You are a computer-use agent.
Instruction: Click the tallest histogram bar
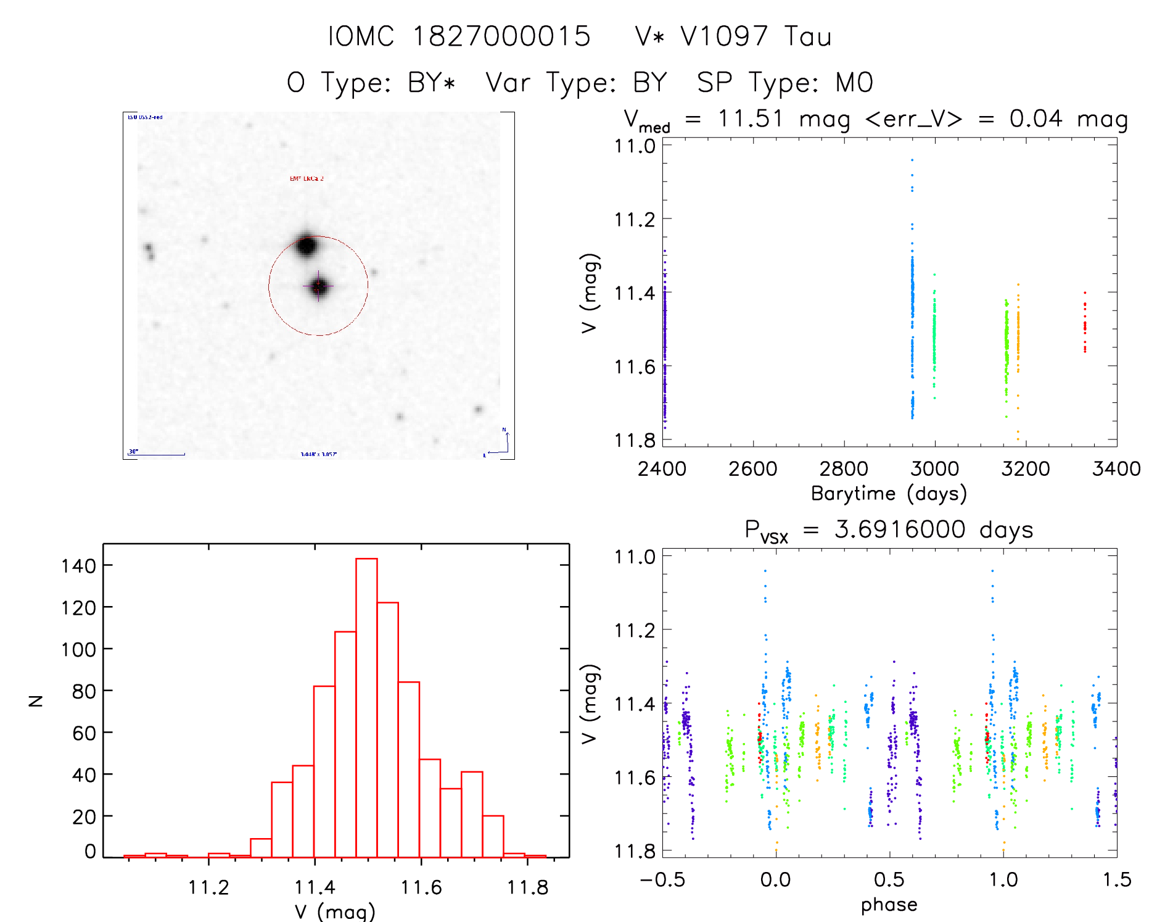[366, 707]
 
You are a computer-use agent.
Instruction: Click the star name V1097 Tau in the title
[733, 37]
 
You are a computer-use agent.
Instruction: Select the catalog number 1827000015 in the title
[501, 37]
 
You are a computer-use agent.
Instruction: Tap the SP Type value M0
[854, 83]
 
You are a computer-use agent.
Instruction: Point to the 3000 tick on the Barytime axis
[934, 469]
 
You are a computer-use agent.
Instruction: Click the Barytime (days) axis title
[889, 494]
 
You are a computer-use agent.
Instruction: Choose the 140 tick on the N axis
[78, 565]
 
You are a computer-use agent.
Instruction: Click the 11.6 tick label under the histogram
[421, 887]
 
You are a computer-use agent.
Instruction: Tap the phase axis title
[889, 905]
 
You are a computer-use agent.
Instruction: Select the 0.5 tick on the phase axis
[889, 879]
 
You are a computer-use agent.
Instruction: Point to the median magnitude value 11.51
[751, 118]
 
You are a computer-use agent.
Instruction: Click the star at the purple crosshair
[318, 286]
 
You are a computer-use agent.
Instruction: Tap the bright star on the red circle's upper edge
[307, 246]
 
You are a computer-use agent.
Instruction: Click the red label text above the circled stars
[307, 179]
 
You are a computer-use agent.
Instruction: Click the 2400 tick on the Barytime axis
[662, 469]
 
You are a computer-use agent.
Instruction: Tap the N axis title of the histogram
[36, 700]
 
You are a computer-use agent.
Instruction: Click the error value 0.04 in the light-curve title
[1035, 118]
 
